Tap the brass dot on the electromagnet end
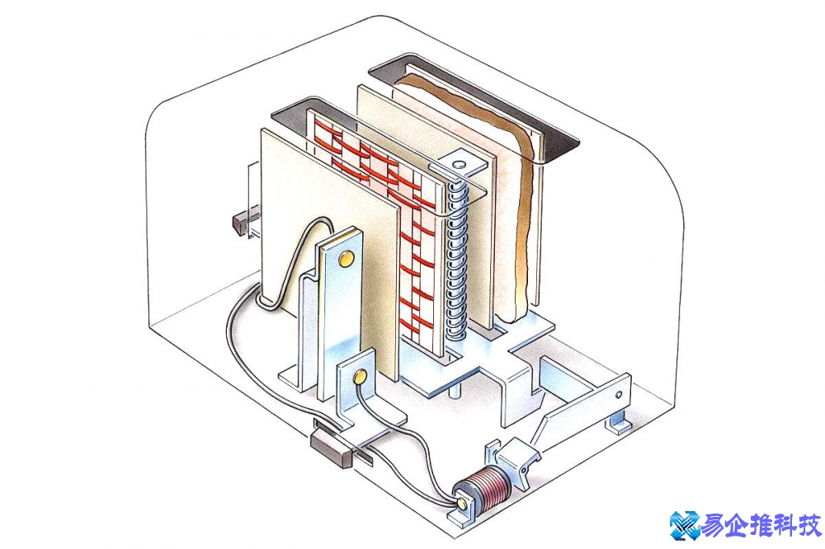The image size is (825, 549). [x=460, y=500]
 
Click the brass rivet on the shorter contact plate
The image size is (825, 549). [x=360, y=378]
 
